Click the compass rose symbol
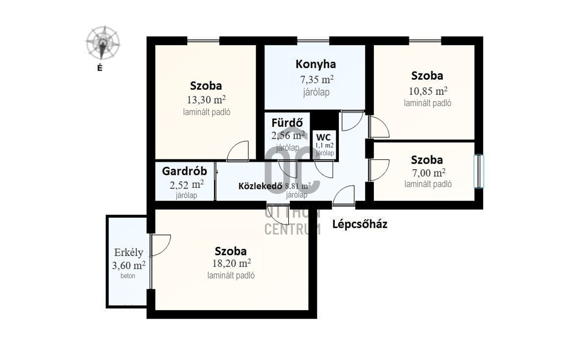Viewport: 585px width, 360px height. tap(103, 43)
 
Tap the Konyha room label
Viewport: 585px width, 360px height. tap(316, 64)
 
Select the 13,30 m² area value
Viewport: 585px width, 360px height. tap(206, 99)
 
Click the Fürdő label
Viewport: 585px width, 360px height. tap(287, 122)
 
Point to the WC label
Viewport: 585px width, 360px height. tap(323, 137)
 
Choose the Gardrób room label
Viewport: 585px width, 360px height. tap(184, 171)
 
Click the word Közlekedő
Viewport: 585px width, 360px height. tap(261, 186)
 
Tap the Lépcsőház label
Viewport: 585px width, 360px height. tap(360, 224)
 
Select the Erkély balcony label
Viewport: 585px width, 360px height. tap(129, 252)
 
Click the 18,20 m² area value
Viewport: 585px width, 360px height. tap(232, 263)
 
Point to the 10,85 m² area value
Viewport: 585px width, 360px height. tap(428, 91)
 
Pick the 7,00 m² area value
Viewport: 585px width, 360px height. tap(428, 173)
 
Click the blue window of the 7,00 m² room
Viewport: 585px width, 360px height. tap(479, 171)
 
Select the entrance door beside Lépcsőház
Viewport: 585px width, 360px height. tap(343, 195)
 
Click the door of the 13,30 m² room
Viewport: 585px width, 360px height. tap(238, 151)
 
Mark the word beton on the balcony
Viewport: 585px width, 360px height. tap(128, 275)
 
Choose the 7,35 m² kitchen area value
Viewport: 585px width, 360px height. tap(317, 79)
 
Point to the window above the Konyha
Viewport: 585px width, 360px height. tap(313, 40)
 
